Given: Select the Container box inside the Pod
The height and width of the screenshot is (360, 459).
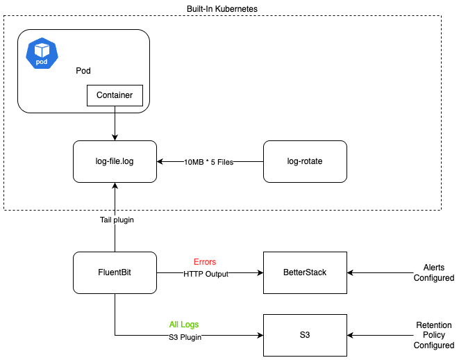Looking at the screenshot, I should [x=115, y=95].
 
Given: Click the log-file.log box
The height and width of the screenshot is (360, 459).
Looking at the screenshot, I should [x=115, y=162].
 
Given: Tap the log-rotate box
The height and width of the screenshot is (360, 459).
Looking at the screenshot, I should [x=305, y=162].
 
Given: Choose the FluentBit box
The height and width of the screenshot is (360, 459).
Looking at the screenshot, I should [x=115, y=273].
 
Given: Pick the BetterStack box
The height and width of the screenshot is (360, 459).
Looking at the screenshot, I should [x=305, y=273].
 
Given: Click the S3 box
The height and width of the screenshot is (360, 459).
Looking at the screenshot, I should [x=305, y=335].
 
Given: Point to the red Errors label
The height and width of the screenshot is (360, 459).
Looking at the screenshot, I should [x=205, y=262].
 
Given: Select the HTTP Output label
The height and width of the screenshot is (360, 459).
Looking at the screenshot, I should [x=205, y=274].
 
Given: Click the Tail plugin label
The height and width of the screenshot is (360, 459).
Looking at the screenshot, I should [x=116, y=220].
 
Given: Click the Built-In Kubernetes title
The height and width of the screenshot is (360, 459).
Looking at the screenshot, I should [x=222, y=7].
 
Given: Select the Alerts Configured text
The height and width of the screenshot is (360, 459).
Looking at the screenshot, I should [x=433, y=272].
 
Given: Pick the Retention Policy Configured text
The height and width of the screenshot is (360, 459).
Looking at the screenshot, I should [x=433, y=335].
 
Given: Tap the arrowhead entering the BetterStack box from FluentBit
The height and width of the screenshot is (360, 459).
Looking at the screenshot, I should [x=260, y=273].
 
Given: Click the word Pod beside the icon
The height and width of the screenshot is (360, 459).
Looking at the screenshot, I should [x=83, y=71].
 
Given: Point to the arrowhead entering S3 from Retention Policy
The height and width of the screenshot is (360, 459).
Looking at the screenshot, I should [x=351, y=335].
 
